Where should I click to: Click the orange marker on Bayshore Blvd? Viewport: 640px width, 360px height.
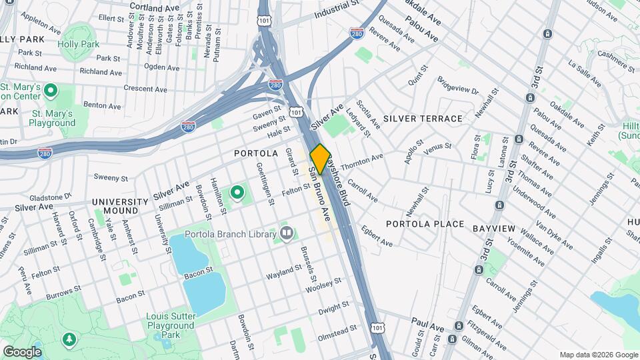tap(321, 159)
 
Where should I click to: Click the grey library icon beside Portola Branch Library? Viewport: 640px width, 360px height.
tap(287, 233)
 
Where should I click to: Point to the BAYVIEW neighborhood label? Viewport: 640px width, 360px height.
tap(493, 229)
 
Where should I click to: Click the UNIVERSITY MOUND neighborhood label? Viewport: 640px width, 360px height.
tap(120, 206)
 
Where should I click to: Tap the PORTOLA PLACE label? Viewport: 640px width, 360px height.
tap(424, 224)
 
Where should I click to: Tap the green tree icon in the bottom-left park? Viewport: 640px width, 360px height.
tap(69, 341)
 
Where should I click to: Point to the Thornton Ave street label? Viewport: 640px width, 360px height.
tap(362, 161)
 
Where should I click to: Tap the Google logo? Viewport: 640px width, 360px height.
tap(22, 351)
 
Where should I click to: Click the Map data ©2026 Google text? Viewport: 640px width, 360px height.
tap(598, 355)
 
